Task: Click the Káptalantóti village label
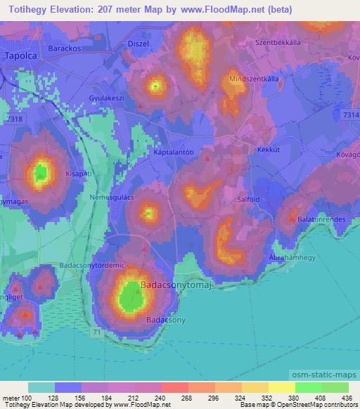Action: coord(173,151)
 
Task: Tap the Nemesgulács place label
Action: coord(107,199)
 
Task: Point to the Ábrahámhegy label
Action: coord(290,257)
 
